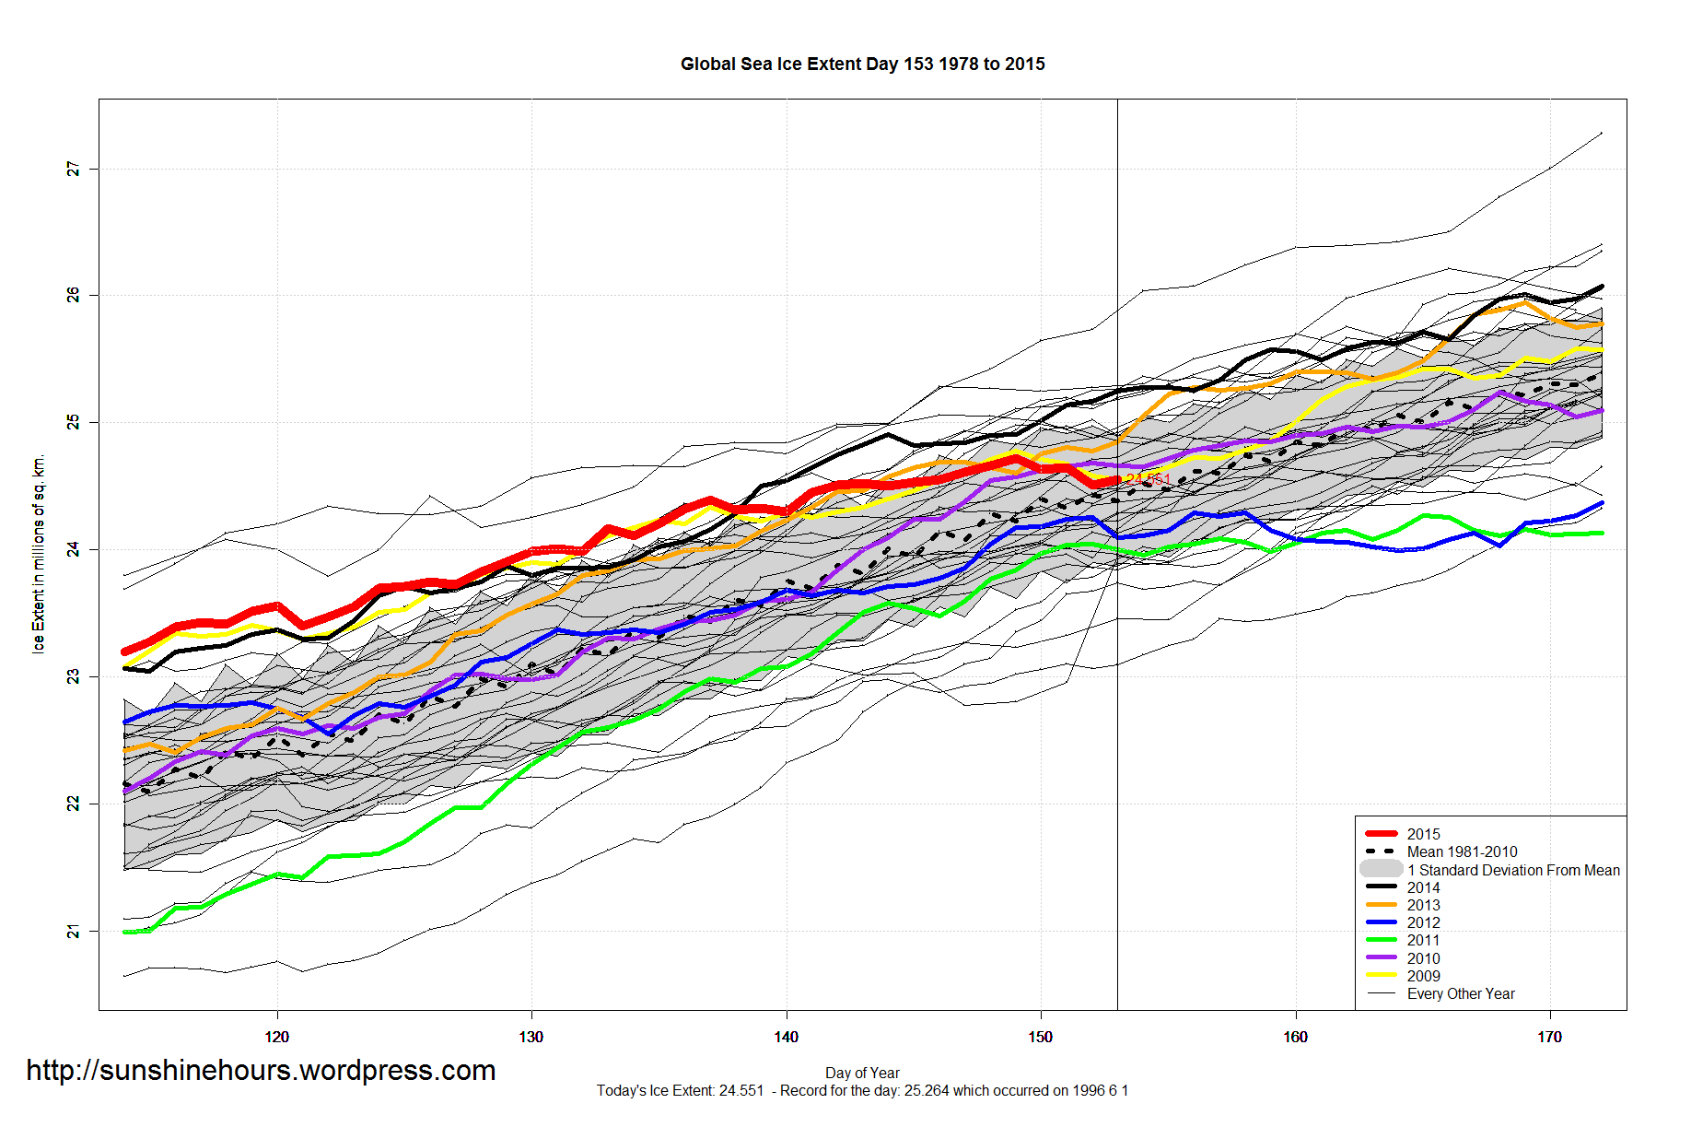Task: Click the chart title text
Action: point(862,65)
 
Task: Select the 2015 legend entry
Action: point(1423,834)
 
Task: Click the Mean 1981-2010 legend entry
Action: point(1462,852)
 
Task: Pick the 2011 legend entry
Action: point(1423,941)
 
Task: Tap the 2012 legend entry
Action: point(1423,923)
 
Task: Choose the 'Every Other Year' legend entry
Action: point(1461,994)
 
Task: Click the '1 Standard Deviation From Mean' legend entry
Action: point(1512,871)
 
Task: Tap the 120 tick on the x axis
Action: point(276,1038)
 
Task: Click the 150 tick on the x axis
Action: point(1040,1038)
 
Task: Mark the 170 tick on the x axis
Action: point(1549,1038)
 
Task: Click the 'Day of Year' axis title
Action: point(862,1074)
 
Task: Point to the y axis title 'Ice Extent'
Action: point(39,554)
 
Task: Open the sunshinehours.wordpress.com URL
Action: point(261,1071)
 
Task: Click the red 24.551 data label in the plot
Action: point(1149,478)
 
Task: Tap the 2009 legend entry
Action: point(1423,977)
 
